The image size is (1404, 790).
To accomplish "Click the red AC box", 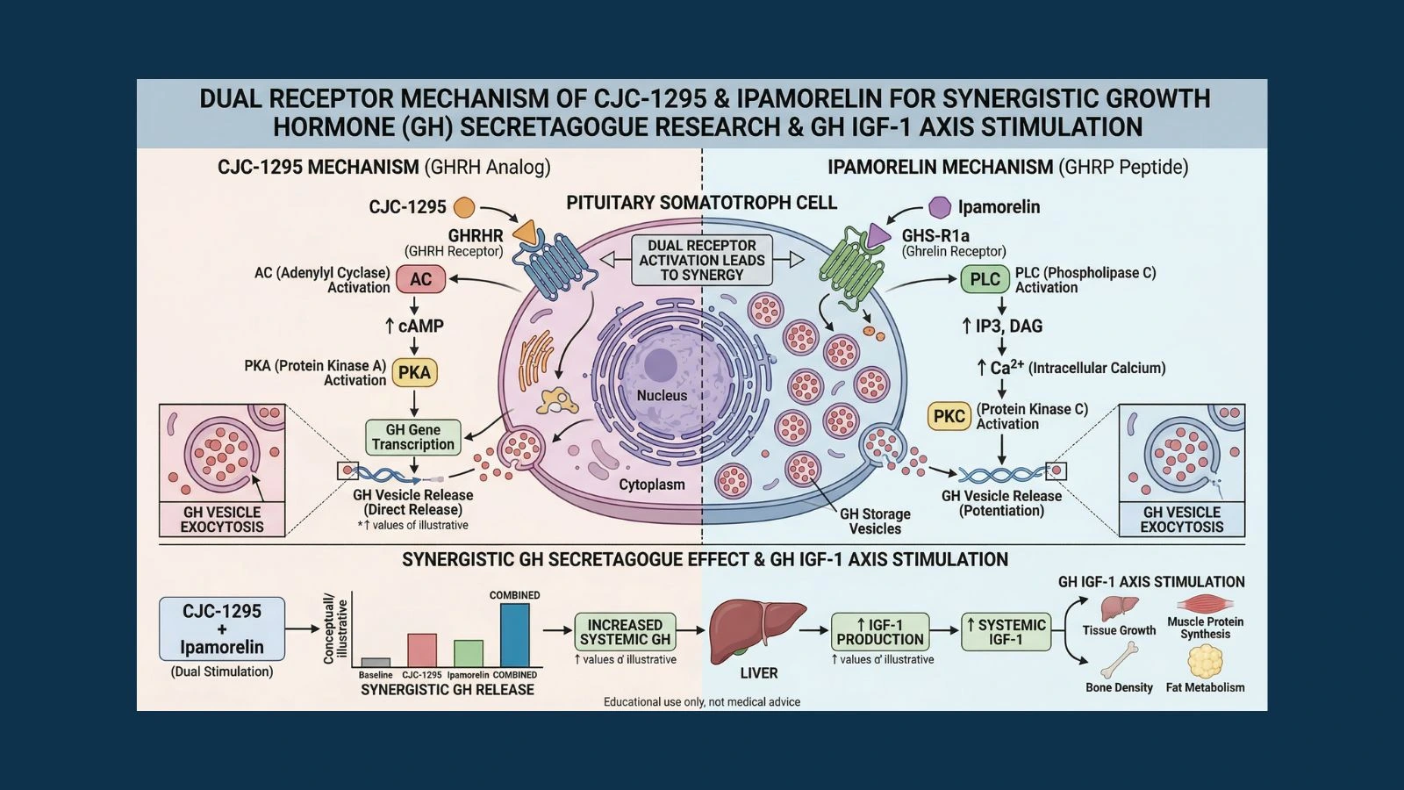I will (x=420, y=279).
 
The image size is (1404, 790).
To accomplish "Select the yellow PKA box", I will (x=414, y=372).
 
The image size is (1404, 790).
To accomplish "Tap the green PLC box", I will (x=985, y=279).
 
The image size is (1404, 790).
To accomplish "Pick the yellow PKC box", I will (x=949, y=416).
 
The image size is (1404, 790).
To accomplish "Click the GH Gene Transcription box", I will (x=412, y=437).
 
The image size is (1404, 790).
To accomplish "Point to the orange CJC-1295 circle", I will (x=464, y=207).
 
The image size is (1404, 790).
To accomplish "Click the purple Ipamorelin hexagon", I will (x=939, y=207).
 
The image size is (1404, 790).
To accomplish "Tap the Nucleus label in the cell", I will (x=662, y=396).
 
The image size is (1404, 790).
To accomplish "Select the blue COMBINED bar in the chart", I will (x=514, y=636).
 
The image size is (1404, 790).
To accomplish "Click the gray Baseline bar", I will (x=376, y=663).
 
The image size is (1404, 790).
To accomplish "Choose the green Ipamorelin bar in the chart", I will (x=468, y=654).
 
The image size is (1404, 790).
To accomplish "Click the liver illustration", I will (x=756, y=630).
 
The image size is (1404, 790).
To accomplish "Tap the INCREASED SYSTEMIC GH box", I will (x=625, y=632).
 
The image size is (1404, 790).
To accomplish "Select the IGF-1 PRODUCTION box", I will (x=879, y=632).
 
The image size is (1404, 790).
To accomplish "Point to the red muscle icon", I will (x=1205, y=604).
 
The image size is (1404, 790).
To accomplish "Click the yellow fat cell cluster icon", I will (x=1205, y=661).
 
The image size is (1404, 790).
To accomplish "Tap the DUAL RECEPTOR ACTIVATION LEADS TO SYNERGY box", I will (x=702, y=260).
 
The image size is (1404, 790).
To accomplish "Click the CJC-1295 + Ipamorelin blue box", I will (x=222, y=628).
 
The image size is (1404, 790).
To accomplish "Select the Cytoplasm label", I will (x=651, y=485).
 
